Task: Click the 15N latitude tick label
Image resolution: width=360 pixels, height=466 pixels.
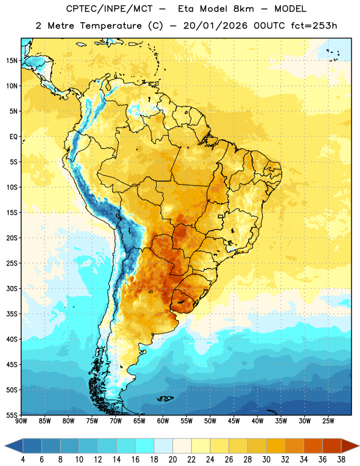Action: pyautogui.click(x=12, y=61)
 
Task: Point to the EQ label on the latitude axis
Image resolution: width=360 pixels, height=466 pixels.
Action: pyautogui.click(x=13, y=137)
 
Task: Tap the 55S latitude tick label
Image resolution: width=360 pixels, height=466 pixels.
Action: pyautogui.click(x=12, y=415)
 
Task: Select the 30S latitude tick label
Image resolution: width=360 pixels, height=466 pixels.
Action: pyautogui.click(x=12, y=288)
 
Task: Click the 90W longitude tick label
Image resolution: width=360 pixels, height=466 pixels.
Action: pyautogui.click(x=21, y=421)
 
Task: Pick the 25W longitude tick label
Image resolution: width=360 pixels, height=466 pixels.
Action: pyautogui.click(x=328, y=421)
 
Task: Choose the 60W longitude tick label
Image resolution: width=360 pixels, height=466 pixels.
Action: pyautogui.click(x=163, y=421)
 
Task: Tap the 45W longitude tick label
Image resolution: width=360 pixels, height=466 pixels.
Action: pyautogui.click(x=234, y=421)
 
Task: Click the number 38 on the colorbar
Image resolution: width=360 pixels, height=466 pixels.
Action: pyautogui.click(x=341, y=460)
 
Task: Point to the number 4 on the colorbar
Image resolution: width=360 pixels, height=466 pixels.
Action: pyautogui.click(x=23, y=460)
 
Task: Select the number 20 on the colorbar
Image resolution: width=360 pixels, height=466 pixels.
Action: pyautogui.click(x=172, y=460)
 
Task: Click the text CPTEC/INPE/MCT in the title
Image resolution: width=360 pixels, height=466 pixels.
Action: pyautogui.click(x=109, y=9)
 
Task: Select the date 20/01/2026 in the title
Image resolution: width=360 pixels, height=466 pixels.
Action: pyautogui.click(x=215, y=26)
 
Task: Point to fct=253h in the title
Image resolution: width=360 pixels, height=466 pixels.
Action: pyautogui.click(x=314, y=26)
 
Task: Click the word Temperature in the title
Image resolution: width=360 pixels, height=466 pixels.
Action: pyautogui.click(x=111, y=26)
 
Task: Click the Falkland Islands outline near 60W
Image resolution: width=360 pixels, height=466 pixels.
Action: pyautogui.click(x=165, y=398)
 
